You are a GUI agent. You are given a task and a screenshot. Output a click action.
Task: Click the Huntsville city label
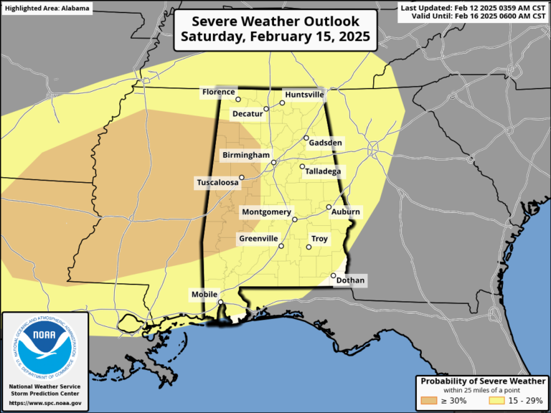pos(304,95)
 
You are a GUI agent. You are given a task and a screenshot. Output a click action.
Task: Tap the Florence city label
pos(217,92)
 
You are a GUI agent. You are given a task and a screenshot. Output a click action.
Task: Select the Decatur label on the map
pos(246,113)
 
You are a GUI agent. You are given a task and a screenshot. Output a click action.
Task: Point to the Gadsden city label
pos(325,143)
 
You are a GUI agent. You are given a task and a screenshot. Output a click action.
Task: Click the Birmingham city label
pos(246,155)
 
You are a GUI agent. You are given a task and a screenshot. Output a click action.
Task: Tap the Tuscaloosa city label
pos(217,184)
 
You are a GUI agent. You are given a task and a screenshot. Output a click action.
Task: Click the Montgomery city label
pos(266,212)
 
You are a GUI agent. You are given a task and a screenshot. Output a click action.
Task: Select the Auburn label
pos(345,212)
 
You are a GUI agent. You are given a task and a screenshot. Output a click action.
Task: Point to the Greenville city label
pos(258,238)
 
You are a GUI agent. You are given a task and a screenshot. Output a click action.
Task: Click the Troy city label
pos(319,238)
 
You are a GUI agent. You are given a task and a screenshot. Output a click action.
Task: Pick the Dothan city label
pos(349,280)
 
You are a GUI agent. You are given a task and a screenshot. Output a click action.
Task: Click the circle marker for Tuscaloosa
pos(242,177)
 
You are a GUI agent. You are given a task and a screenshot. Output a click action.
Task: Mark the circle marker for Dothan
pos(334,275)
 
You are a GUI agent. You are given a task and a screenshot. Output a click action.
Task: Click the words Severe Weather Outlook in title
pos(276,21)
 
